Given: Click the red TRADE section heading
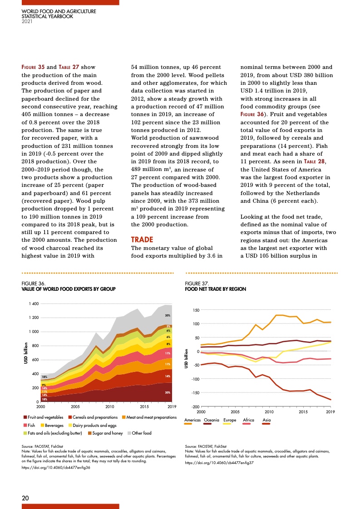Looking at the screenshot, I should pos(141,239).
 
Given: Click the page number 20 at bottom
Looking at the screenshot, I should pos(26,498).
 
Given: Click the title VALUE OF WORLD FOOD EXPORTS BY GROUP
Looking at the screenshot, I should pos(69,289).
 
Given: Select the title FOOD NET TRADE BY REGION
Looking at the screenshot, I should pos(215,289).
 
